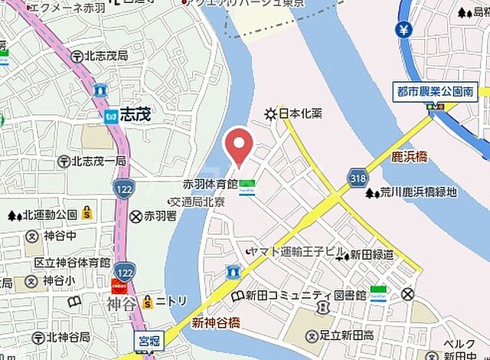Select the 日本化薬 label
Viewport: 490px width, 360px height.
click(299, 113)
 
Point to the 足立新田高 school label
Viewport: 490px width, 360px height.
click(341, 336)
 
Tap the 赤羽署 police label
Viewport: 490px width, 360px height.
click(159, 217)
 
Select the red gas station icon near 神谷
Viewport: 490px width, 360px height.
click(119, 285)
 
